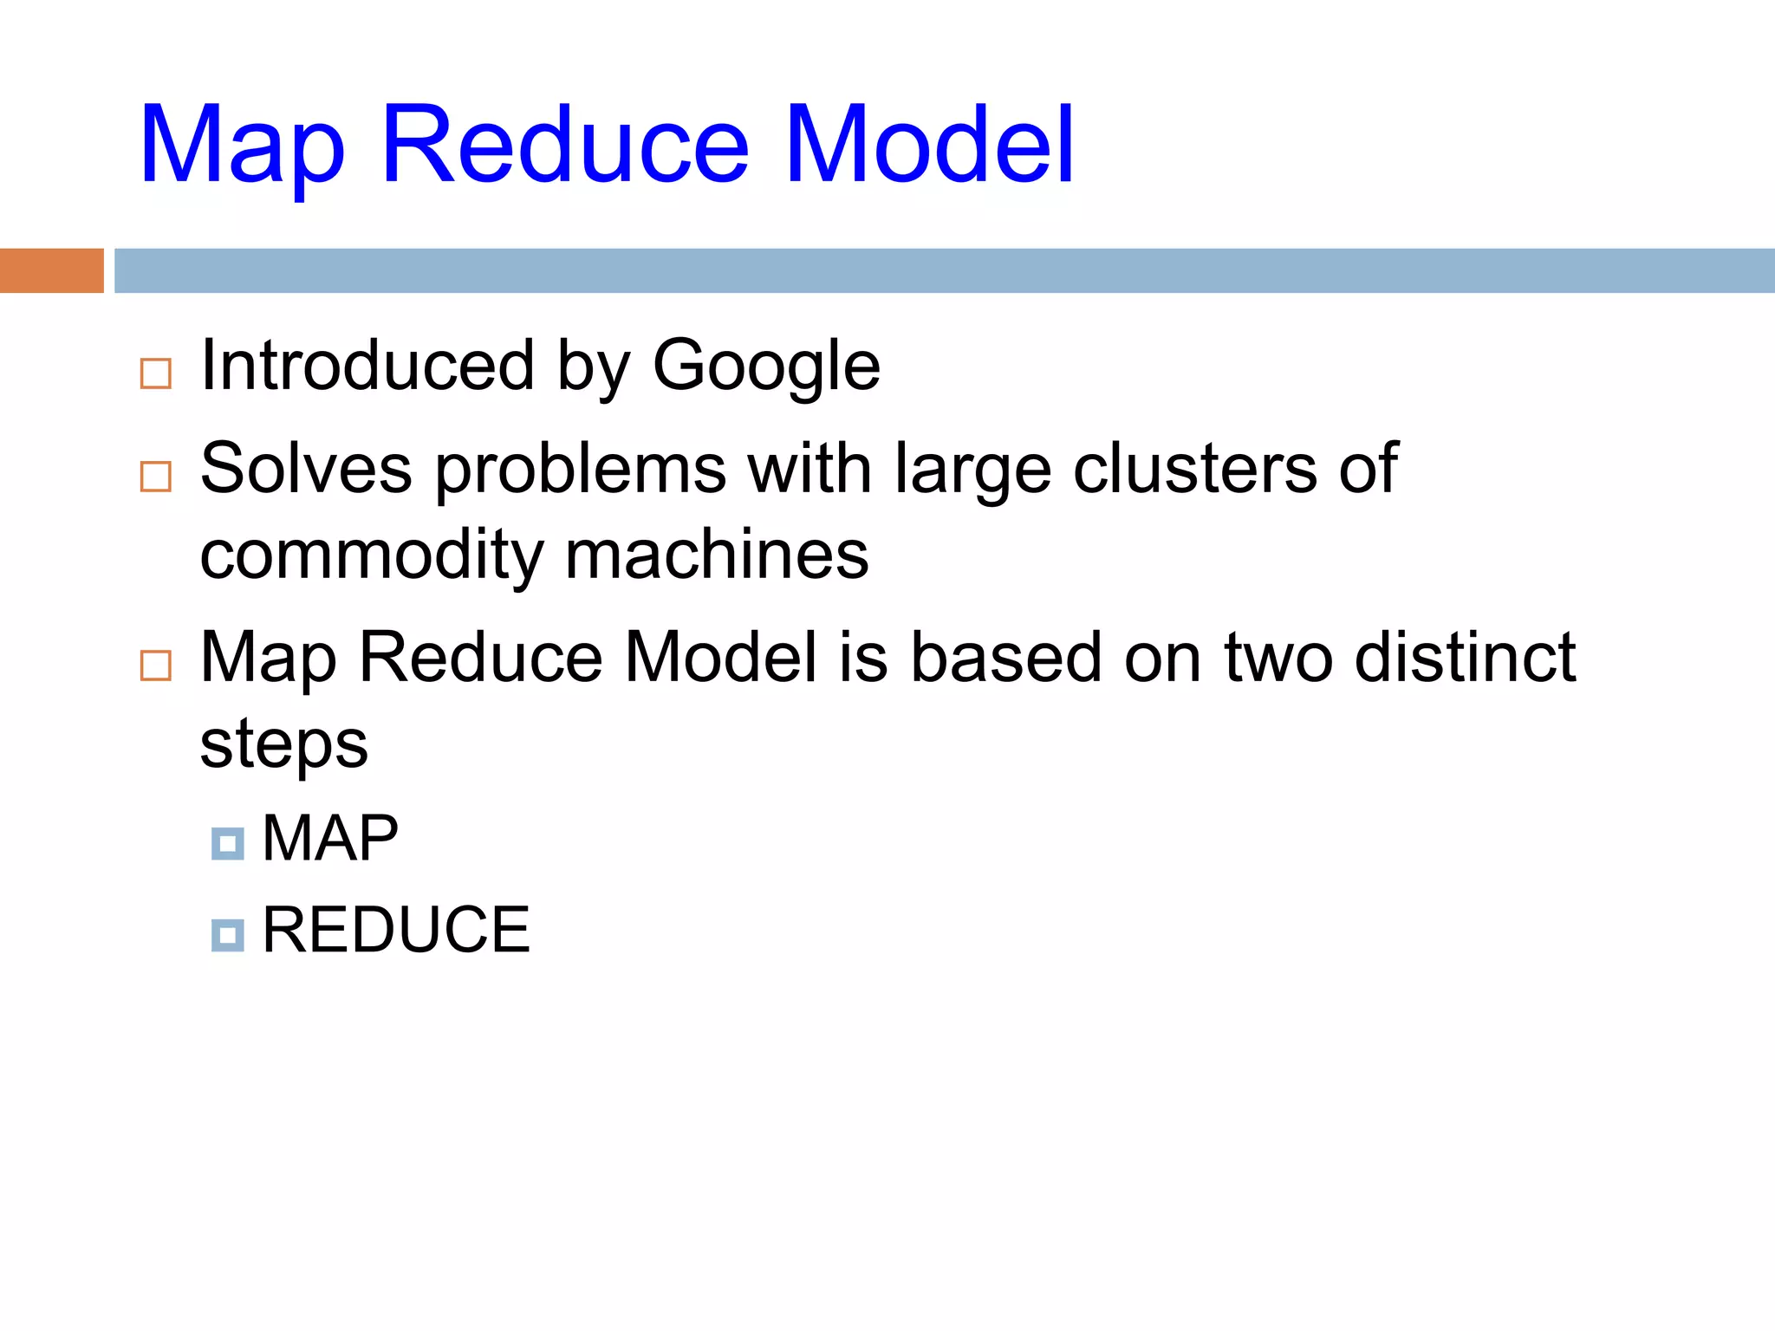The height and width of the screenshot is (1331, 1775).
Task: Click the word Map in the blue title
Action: (x=242, y=147)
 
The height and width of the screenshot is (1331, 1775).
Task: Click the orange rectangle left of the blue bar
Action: (x=51, y=270)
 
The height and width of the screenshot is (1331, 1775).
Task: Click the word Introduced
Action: (x=367, y=366)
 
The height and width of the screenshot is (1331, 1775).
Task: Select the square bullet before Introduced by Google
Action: (x=156, y=373)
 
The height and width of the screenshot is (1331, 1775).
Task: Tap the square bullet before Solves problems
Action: (x=156, y=476)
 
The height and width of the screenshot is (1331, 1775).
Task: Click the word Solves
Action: (x=306, y=469)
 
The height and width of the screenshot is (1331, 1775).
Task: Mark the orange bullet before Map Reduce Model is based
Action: (x=156, y=665)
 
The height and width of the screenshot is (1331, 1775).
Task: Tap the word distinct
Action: (x=1465, y=657)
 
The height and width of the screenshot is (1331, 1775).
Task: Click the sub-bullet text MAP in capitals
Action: (x=330, y=838)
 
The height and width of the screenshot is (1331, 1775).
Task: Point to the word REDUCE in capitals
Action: (x=396, y=930)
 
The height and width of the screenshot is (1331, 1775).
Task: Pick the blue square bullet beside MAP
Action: (x=228, y=843)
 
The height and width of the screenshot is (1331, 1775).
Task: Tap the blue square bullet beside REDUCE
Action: (x=228, y=935)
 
